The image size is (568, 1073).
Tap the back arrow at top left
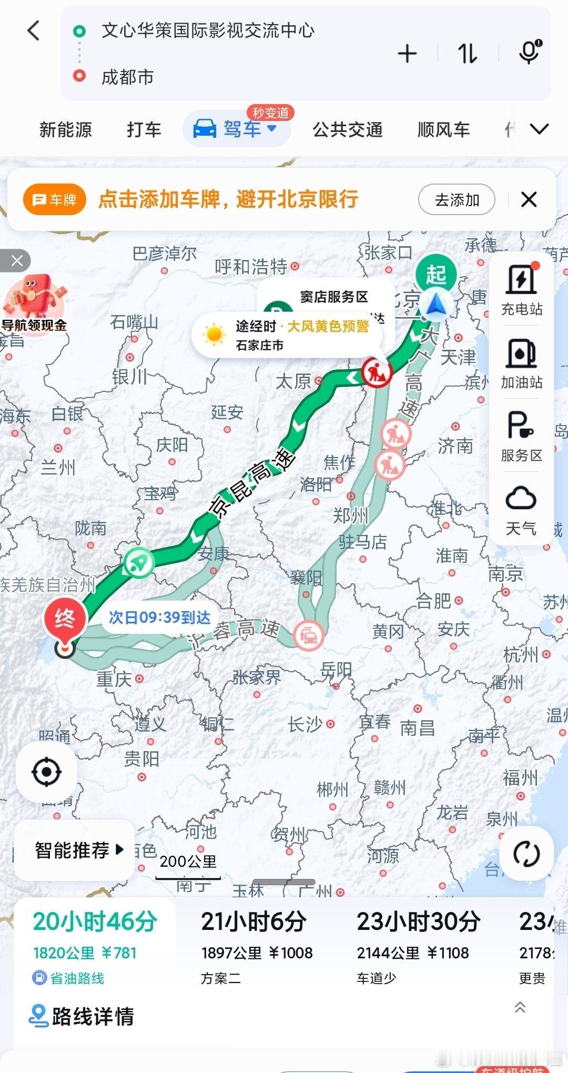[34, 31]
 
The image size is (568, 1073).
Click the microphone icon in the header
[529, 53]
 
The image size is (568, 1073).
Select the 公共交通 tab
[347, 129]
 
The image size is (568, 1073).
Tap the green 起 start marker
[436, 275]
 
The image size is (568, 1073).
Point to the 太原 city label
[293, 381]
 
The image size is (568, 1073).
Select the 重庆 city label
[114, 679]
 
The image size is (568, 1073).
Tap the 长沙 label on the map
[305, 725]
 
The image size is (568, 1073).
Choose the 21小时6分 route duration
[253, 922]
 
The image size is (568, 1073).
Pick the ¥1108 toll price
[448, 953]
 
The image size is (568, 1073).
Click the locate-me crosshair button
[46, 772]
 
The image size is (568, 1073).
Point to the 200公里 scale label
[188, 862]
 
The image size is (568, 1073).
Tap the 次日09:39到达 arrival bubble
[159, 618]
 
